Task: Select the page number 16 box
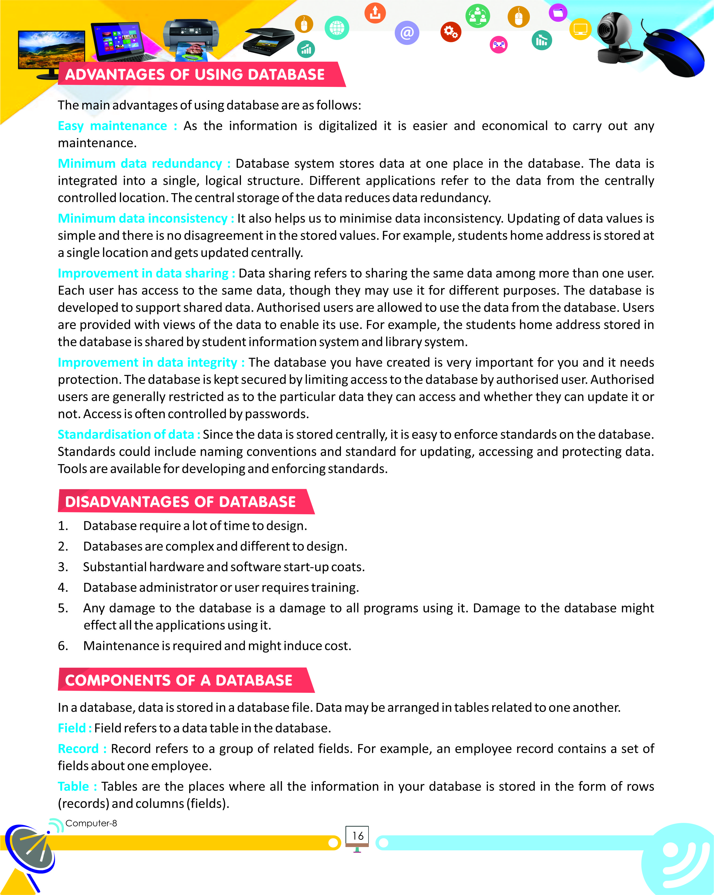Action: pos(357,836)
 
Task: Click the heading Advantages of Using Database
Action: pos(195,75)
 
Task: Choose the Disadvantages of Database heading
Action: pos(180,502)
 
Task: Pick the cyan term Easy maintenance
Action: pos(112,126)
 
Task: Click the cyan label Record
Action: pos(78,748)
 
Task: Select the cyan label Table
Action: pos(73,786)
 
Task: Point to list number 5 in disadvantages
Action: pos(63,608)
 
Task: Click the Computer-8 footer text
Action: pos(91,823)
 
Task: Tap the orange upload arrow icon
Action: pos(375,13)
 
